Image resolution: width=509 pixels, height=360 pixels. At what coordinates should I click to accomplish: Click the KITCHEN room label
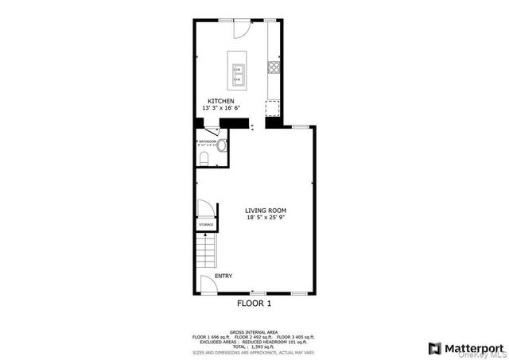pyautogui.click(x=220, y=100)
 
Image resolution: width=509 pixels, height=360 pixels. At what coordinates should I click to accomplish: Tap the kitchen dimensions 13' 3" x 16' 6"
pyautogui.click(x=220, y=107)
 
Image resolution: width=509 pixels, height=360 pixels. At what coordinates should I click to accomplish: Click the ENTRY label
pyautogui.click(x=223, y=276)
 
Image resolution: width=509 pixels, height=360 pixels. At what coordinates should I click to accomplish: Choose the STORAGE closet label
pyautogui.click(x=206, y=226)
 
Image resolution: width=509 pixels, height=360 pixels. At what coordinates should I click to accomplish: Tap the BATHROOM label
pyautogui.click(x=208, y=141)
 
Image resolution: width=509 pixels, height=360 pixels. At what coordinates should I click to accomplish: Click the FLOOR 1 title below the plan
pyautogui.click(x=254, y=304)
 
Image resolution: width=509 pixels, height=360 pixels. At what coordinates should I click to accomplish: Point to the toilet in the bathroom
pyautogui.click(x=204, y=160)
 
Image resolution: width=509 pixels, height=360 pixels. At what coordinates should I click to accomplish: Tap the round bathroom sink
pyautogui.click(x=223, y=146)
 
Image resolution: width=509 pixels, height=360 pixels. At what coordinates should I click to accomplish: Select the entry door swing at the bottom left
pyautogui.click(x=207, y=285)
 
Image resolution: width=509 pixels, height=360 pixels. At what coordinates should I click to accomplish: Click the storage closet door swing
pyautogui.click(x=204, y=210)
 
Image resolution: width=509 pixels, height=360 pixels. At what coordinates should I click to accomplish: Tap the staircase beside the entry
pyautogui.click(x=207, y=254)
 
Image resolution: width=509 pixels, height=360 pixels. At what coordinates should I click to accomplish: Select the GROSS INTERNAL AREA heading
pyautogui.click(x=254, y=331)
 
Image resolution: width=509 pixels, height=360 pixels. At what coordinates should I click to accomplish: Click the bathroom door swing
pyautogui.click(x=212, y=132)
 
